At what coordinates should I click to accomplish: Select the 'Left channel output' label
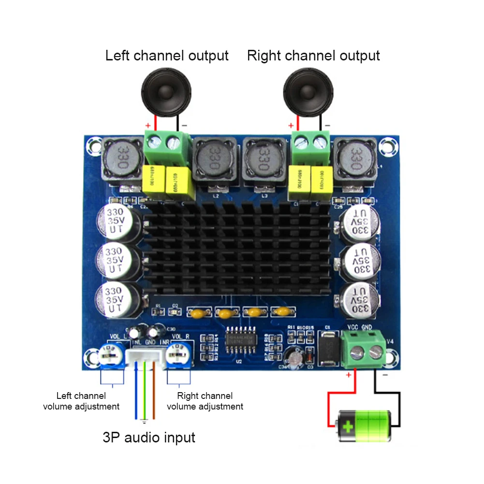pos(167,55)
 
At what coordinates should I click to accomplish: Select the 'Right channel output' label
pos(313,55)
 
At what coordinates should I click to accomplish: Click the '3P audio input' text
pos(149,438)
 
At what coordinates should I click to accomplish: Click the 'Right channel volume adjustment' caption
pos(205,401)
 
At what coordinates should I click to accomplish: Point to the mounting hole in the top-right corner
pos(386,146)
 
